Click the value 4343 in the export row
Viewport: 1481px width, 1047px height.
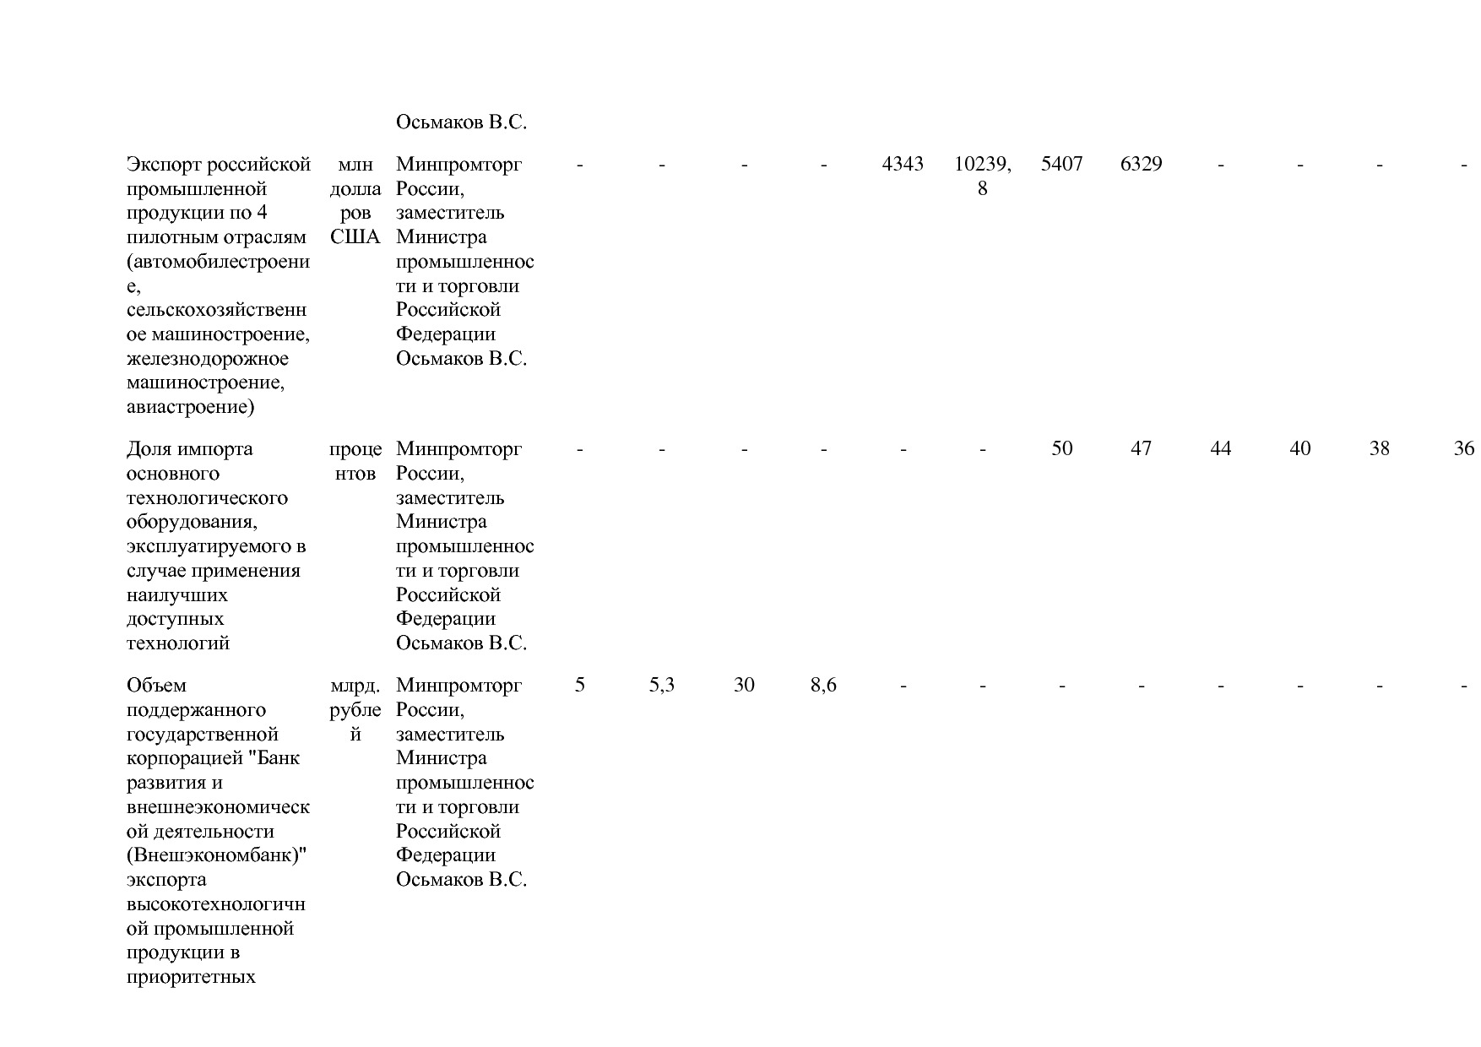903,164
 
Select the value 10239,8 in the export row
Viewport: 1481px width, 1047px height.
982,176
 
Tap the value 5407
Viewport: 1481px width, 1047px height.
1061,164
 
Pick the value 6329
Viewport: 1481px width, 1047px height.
1141,164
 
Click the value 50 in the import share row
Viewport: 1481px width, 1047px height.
1061,448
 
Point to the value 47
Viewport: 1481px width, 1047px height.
1141,448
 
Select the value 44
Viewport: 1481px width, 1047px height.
1220,448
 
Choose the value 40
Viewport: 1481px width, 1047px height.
1299,448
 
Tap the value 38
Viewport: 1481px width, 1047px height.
1379,448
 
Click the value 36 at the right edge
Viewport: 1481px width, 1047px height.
1463,448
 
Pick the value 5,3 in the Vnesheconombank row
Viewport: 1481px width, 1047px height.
661,685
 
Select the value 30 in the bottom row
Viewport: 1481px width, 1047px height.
743,685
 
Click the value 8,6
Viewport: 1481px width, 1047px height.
823,685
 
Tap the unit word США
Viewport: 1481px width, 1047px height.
355,237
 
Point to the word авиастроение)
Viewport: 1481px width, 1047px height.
190,408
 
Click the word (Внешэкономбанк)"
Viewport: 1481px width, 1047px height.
216,855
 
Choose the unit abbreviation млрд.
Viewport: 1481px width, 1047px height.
355,685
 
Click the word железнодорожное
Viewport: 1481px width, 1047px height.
207,359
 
